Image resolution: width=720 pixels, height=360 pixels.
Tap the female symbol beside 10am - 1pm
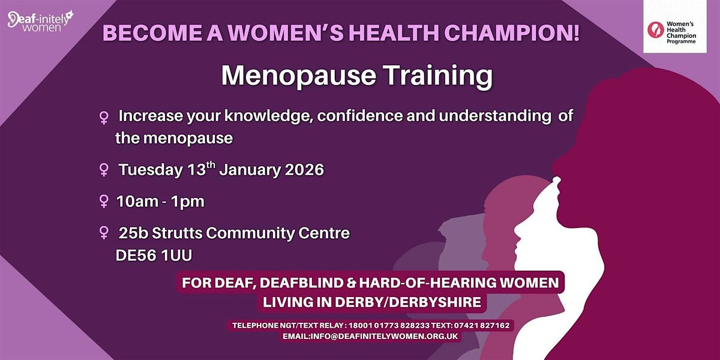103,202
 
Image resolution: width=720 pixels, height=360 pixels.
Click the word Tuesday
149,170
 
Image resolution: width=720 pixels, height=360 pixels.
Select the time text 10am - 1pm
161,202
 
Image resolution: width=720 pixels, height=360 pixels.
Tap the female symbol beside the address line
103,232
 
